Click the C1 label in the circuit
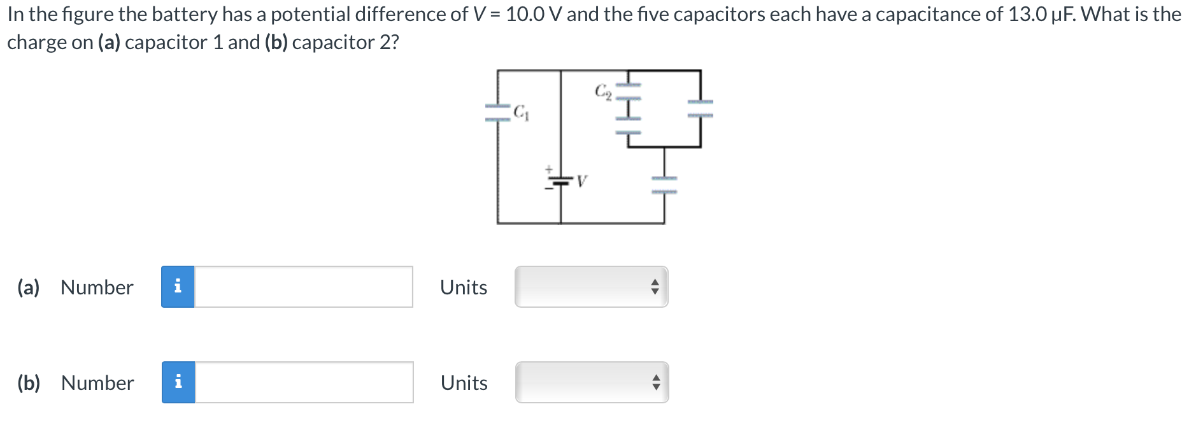pyautogui.click(x=521, y=113)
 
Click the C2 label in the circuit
pyautogui.click(x=603, y=92)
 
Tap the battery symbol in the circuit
pyautogui.click(x=560, y=182)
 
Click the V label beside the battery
pyautogui.click(x=581, y=182)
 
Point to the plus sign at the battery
pyautogui.click(x=548, y=169)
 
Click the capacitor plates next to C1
pyautogui.click(x=498, y=113)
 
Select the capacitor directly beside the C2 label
pyautogui.click(x=628, y=92)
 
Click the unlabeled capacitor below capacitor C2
pyautogui.click(x=628, y=126)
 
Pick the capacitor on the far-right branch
pyautogui.click(x=700, y=108)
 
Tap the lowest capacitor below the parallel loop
pyautogui.click(x=664, y=185)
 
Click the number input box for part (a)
pyautogui.click(x=303, y=287)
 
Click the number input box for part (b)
pyautogui.click(x=303, y=382)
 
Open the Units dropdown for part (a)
pyautogui.click(x=591, y=287)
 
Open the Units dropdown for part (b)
pyautogui.click(x=591, y=382)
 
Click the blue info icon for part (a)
pyautogui.click(x=178, y=287)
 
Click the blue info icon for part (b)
pyautogui.click(x=178, y=382)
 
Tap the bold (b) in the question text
pyautogui.click(x=276, y=42)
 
